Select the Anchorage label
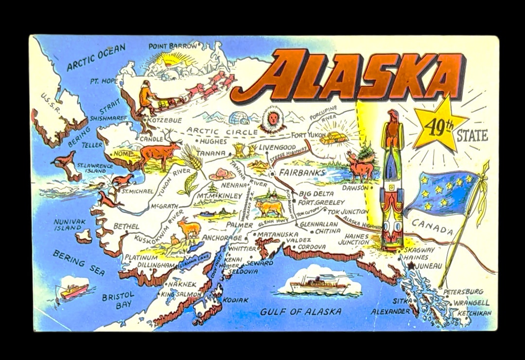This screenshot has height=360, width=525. tap(222, 238)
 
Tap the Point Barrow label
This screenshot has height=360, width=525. tap(173, 46)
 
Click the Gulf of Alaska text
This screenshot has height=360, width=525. tap(300, 311)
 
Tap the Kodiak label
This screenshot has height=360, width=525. tap(235, 300)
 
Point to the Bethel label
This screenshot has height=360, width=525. tap(126, 226)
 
